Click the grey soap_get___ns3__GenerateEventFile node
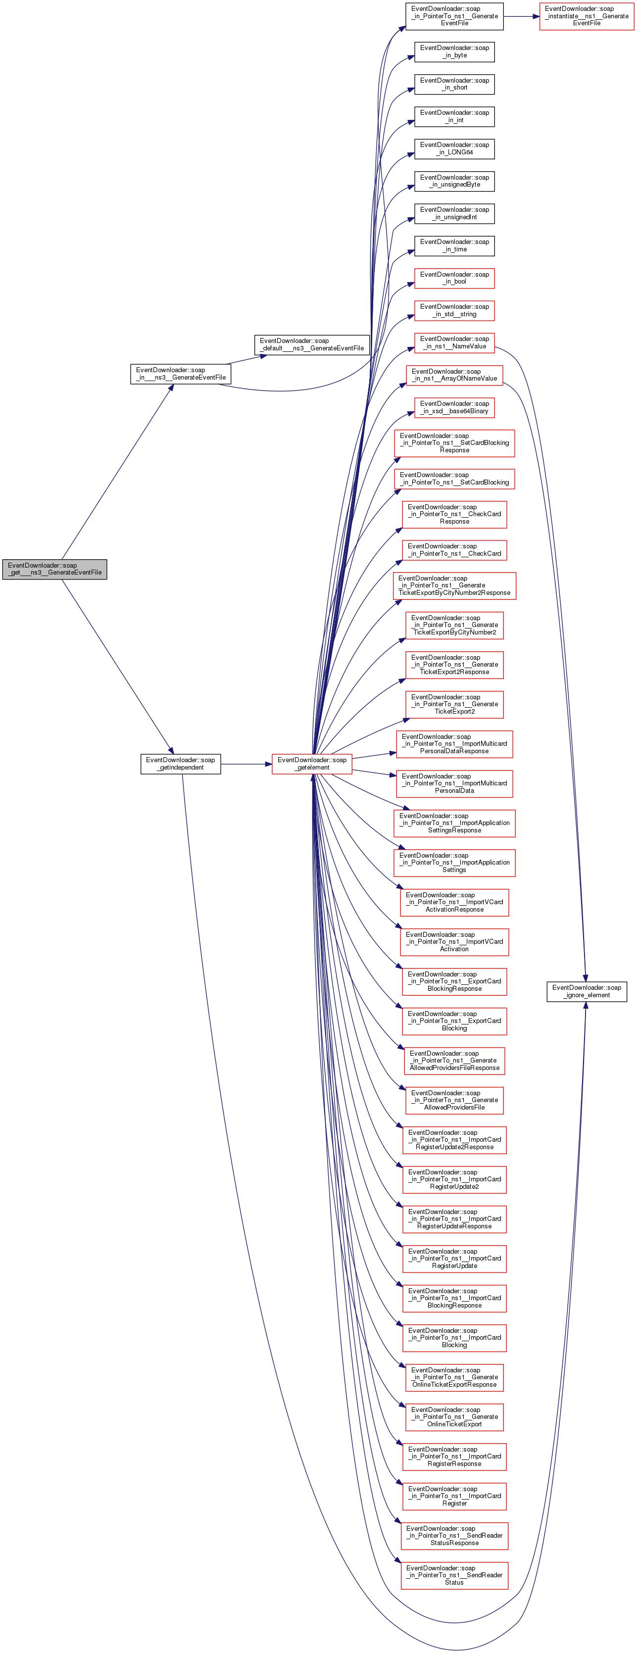pos(54,569)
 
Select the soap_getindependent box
pos(180,764)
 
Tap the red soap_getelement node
pos(312,764)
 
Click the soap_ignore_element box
pos(587,991)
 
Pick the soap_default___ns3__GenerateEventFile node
pos(312,344)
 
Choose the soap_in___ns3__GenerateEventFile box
pos(180,374)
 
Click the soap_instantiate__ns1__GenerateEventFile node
pos(587,16)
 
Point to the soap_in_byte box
pos(454,52)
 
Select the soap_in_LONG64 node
pos(454,149)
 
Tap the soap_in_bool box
pos(454,278)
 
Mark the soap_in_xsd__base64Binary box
pos(454,407)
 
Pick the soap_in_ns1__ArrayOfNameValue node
pos(454,375)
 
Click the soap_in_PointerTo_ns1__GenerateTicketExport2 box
pos(454,704)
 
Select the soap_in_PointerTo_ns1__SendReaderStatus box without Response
pos(454,1575)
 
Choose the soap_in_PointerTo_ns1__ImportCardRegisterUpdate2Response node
pos(454,1140)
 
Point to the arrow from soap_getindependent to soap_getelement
pos(246,764)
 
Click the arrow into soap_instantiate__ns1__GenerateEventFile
pos(521,16)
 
